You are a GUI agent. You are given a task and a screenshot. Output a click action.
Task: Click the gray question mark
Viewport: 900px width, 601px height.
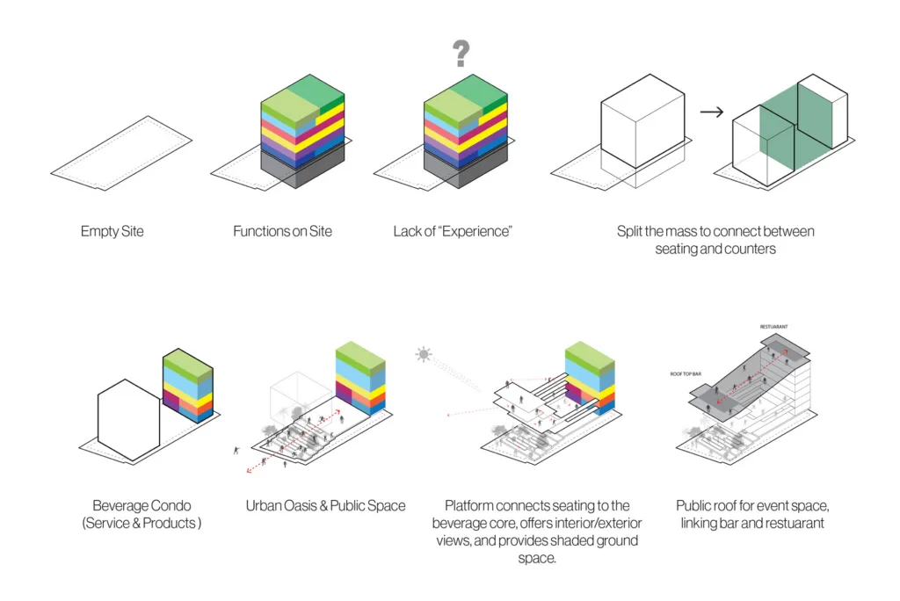click(461, 54)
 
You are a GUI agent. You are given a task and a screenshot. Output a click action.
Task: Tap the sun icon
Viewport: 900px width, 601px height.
click(424, 354)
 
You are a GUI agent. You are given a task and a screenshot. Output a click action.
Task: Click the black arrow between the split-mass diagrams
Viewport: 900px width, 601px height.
click(712, 112)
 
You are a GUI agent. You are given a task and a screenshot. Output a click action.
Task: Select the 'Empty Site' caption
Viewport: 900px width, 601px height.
click(112, 231)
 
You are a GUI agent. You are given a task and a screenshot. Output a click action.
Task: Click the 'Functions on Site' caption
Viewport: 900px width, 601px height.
click(282, 231)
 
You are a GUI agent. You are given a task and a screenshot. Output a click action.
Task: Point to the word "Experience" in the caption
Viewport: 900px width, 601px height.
click(475, 231)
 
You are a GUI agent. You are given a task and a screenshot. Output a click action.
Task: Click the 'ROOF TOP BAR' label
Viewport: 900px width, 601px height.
click(686, 374)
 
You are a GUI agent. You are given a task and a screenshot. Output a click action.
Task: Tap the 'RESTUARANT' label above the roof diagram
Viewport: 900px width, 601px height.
click(773, 327)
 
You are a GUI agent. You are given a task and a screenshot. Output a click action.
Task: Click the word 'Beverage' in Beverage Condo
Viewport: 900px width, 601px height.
click(117, 506)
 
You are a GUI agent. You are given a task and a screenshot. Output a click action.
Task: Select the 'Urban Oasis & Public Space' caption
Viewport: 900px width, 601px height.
click(325, 506)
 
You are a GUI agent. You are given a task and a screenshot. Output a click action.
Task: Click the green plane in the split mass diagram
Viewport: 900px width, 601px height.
click(795, 127)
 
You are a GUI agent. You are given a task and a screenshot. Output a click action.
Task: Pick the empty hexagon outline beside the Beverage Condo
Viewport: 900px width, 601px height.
click(98, 419)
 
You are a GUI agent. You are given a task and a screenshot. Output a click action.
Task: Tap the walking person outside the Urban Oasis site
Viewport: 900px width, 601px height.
click(236, 451)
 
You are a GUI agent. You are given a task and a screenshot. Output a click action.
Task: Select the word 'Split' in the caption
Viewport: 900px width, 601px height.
click(629, 231)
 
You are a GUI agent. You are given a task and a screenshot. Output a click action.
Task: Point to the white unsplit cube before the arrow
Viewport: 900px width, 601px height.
click(642, 121)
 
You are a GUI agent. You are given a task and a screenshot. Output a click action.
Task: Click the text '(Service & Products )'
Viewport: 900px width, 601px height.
click(142, 523)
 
